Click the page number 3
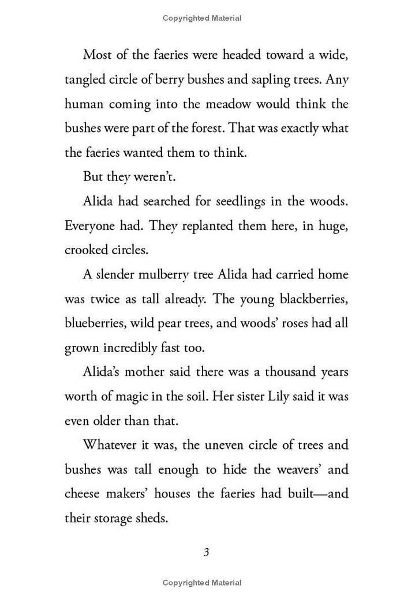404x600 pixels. (206, 552)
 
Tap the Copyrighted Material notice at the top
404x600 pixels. (202, 18)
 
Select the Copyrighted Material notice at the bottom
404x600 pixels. (202, 583)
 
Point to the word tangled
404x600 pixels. (84, 80)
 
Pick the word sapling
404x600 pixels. (257, 80)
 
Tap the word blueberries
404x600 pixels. (94, 323)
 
